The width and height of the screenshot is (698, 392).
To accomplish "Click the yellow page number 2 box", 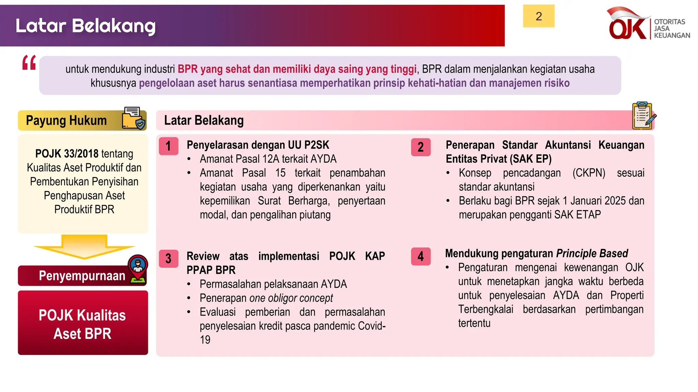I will click(x=538, y=16).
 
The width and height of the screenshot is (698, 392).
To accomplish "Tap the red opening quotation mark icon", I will click(x=29, y=63).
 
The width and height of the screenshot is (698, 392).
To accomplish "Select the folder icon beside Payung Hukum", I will click(x=133, y=118).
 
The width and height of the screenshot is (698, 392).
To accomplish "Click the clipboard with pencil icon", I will click(x=643, y=116).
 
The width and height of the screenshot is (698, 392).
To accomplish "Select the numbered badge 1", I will click(x=168, y=146).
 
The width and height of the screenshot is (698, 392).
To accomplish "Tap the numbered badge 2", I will click(x=421, y=147).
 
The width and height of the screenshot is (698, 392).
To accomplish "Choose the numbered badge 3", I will click(x=168, y=258).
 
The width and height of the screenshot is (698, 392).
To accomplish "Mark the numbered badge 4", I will click(x=421, y=256).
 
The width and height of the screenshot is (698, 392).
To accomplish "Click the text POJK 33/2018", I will click(x=67, y=154).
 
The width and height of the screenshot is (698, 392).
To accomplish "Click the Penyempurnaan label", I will click(x=82, y=276).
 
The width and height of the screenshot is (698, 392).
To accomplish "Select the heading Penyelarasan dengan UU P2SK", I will click(x=258, y=145).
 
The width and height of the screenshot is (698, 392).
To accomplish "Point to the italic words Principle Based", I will click(x=592, y=254).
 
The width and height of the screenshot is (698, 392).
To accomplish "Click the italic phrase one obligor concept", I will click(x=291, y=298).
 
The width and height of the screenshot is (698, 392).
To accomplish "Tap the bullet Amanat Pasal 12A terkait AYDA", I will click(x=268, y=159).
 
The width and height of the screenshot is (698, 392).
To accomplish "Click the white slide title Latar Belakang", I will click(x=86, y=26).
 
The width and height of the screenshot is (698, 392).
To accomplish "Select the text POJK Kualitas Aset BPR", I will click(x=82, y=324).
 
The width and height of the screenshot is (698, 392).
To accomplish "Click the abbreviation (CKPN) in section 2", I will click(x=589, y=173).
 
